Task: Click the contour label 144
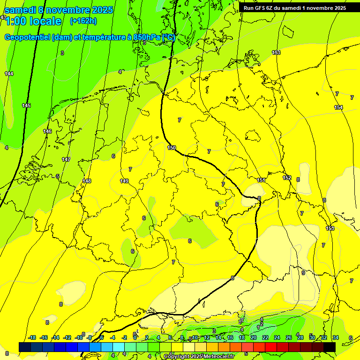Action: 9,74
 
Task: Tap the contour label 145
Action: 26,105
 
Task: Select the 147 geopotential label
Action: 66,159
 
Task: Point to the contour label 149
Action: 124,181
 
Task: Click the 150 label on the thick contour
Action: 172,148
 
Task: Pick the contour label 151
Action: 261,180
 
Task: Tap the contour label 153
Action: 276,52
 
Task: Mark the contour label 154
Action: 338,107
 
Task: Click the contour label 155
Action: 330,228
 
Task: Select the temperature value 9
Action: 303,273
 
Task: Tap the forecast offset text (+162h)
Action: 83,21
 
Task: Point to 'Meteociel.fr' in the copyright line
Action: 218,356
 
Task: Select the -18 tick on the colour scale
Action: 32,337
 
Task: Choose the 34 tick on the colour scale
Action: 336,337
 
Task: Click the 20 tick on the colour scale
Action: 253,337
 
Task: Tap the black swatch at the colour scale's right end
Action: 330,347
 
